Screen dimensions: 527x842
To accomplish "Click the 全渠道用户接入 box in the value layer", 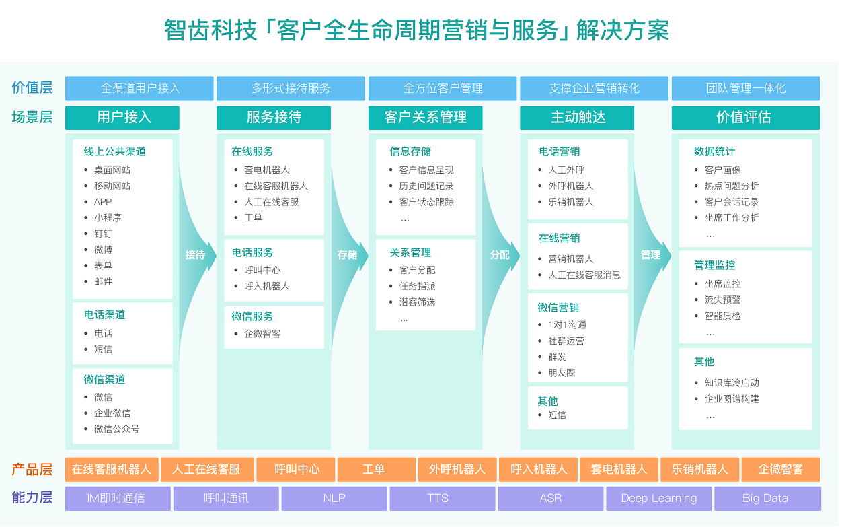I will (139, 88).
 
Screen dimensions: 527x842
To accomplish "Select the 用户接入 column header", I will (122, 118).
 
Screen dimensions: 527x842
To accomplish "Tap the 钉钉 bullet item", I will (103, 234).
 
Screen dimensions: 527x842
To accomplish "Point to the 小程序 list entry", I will (108, 217).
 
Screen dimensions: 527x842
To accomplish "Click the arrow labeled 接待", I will (196, 255).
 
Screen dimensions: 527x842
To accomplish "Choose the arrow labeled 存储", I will (348, 255).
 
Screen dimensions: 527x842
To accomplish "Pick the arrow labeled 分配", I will (500, 255).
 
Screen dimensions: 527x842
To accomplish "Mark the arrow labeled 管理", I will (650, 255).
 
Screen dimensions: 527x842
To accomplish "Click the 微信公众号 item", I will (116, 429).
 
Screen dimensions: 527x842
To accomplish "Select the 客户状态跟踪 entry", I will (426, 202).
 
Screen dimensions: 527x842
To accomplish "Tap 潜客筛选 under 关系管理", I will (417, 302).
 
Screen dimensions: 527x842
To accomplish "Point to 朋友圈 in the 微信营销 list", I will (562, 373).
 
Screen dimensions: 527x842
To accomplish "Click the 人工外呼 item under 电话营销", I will (566, 170).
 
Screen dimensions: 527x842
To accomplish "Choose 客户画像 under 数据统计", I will (722, 170).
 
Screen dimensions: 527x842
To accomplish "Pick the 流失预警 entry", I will (722, 300).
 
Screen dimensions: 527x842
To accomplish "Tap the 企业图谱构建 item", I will (732, 398).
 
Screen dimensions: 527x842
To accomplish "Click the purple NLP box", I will (334, 499).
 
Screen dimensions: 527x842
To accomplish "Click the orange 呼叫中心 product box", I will (297, 469).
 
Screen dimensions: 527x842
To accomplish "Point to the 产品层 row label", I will (32, 469).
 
